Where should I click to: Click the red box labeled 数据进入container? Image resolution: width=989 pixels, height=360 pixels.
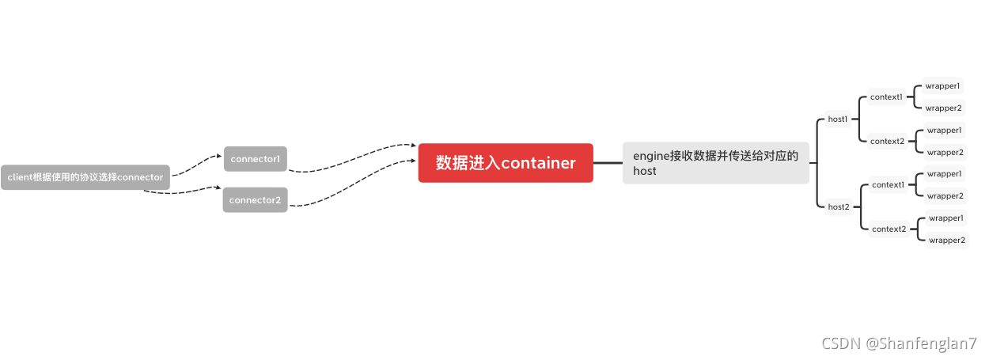pyautogui.click(x=506, y=163)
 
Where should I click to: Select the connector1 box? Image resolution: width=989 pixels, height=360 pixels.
pyautogui.click(x=255, y=159)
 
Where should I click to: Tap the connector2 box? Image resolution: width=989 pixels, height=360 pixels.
pyautogui.click(x=255, y=200)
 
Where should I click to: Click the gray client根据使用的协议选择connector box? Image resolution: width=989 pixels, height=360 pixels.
pyautogui.click(x=85, y=177)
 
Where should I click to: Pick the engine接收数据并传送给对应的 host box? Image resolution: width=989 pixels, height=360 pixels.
pyautogui.click(x=715, y=163)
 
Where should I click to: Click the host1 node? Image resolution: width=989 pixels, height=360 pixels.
pyautogui.click(x=838, y=119)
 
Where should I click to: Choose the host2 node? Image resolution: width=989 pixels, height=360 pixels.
pyautogui.click(x=839, y=207)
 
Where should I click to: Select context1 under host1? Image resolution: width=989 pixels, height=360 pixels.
pyautogui.click(x=886, y=97)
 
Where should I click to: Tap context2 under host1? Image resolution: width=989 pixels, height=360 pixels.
pyautogui.click(x=887, y=142)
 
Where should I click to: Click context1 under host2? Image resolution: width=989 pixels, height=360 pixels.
pyautogui.click(x=888, y=185)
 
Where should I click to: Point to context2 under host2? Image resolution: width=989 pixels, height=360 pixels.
pyautogui.click(x=888, y=229)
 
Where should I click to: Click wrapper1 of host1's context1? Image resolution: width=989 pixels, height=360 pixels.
pyautogui.click(x=943, y=85)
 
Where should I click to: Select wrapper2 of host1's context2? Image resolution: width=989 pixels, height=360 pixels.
pyautogui.click(x=945, y=153)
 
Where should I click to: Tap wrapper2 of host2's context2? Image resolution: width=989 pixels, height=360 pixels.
pyautogui.click(x=946, y=241)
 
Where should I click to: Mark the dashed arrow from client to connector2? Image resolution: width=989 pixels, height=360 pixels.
pyautogui.click(x=182, y=191)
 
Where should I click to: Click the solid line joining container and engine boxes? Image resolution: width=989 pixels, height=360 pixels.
pyautogui.click(x=608, y=163)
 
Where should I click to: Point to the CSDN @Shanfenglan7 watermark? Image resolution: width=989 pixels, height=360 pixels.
pyautogui.click(x=899, y=343)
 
